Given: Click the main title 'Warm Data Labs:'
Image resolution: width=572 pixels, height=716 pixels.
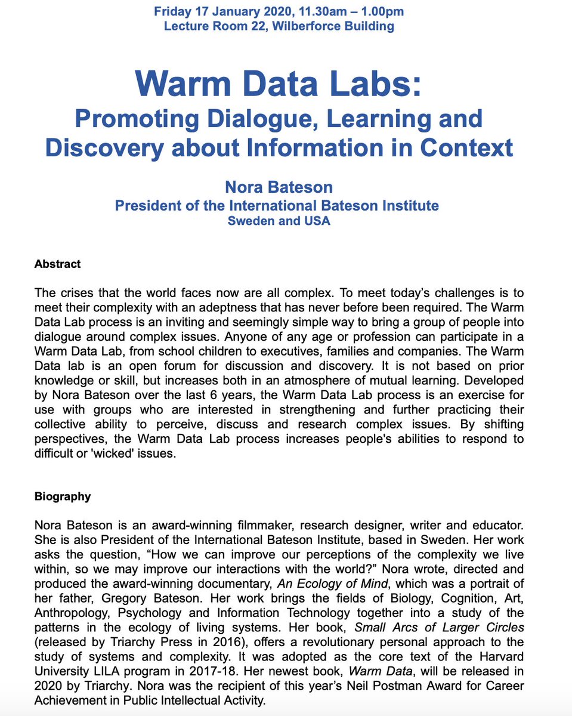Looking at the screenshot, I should tap(279, 84).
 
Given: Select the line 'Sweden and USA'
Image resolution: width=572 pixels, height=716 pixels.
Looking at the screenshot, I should tap(279, 221).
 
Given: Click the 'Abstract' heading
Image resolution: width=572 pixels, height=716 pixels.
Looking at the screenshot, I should tap(57, 263).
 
